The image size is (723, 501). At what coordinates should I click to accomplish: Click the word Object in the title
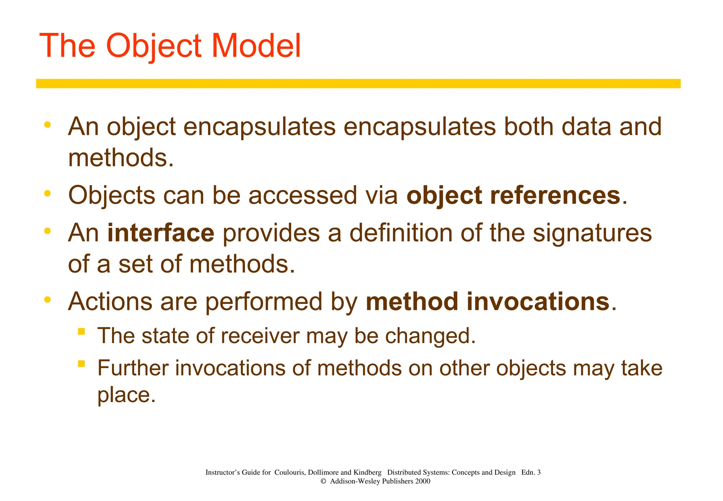click(154, 46)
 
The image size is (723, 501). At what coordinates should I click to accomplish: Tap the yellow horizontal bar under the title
click(358, 83)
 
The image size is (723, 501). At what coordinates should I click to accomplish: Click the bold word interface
click(161, 233)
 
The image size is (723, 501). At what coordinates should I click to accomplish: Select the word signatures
click(592, 233)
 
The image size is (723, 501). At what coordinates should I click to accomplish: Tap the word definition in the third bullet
click(401, 233)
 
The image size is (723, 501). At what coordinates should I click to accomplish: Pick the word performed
click(264, 302)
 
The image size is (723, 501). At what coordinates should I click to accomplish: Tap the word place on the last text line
click(126, 395)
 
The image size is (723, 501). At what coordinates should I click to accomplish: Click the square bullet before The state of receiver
click(82, 331)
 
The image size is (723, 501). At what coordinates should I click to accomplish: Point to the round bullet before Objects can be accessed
click(47, 193)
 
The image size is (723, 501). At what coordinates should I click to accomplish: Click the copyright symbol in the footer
click(323, 481)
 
